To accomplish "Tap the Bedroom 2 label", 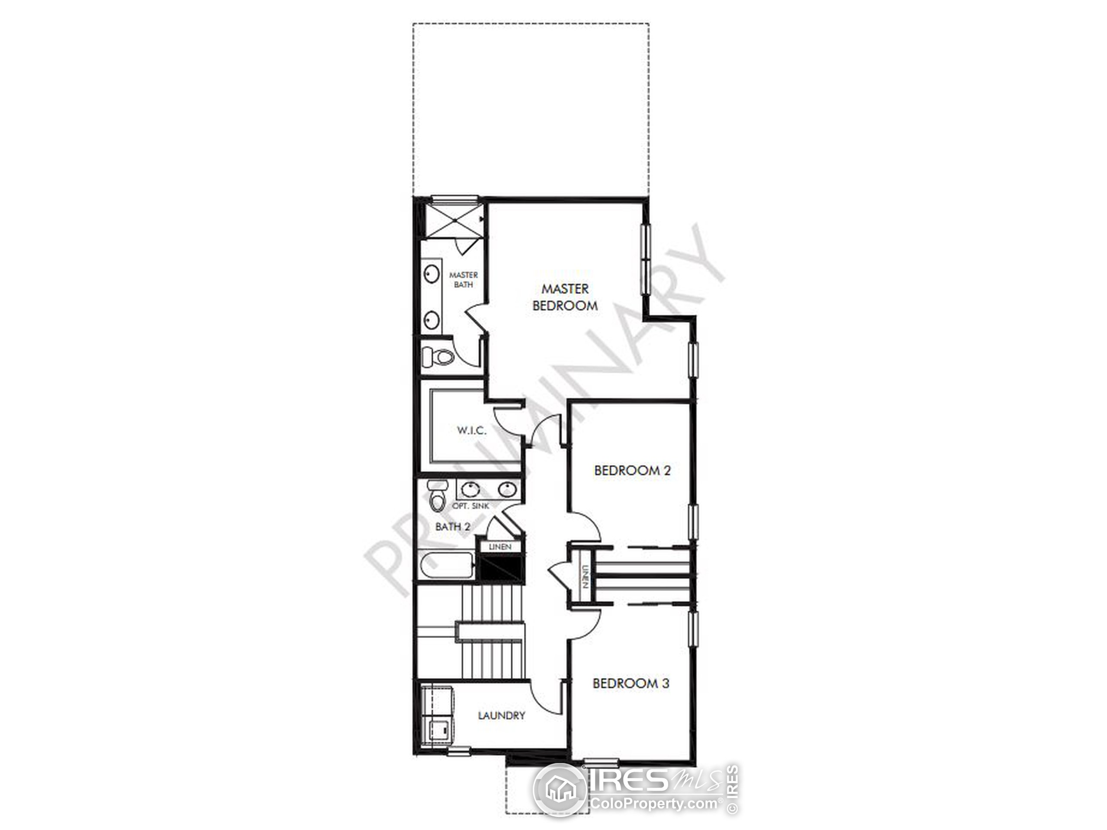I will [632, 470].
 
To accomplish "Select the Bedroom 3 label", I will [630, 683].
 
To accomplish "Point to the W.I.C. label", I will [471, 430].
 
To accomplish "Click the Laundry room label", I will [502, 716].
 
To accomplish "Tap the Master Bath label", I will [464, 280].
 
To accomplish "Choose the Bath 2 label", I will [452, 527].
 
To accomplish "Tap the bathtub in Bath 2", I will [445, 566].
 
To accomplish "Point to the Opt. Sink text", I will [470, 506].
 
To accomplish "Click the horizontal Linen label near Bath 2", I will [500, 547].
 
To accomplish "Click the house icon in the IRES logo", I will [560, 790].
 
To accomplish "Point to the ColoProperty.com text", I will [655, 804].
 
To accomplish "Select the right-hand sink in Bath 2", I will [506, 489].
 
